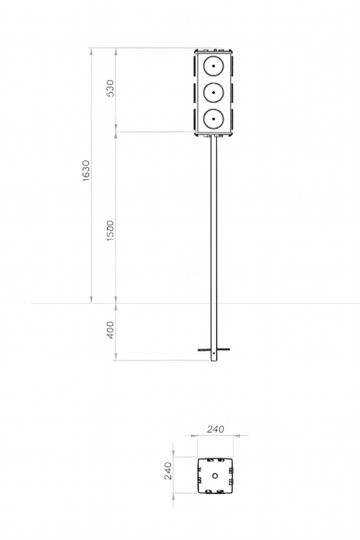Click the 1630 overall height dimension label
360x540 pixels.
86,171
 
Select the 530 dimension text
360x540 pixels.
110,88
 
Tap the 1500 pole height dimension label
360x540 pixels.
110,230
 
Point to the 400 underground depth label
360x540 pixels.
110,330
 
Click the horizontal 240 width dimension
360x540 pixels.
215,429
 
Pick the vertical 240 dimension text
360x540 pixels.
168,471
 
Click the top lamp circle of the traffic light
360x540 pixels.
213,66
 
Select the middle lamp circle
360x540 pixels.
213,92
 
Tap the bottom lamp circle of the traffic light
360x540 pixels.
213,119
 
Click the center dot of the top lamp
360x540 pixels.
213,66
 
